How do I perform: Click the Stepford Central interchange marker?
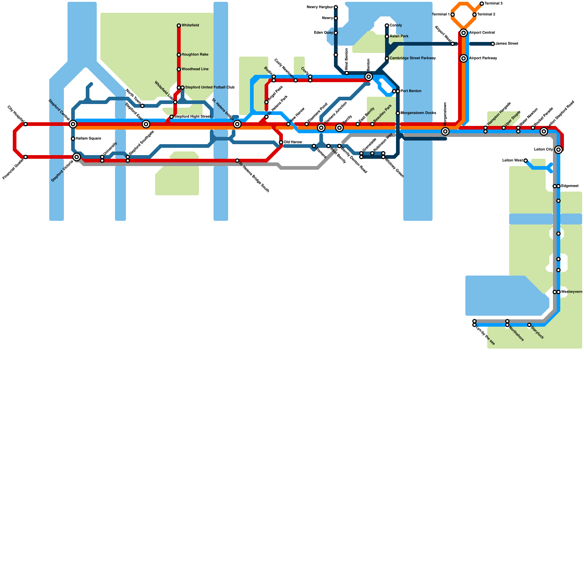(x=73, y=124)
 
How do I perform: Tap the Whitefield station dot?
(x=179, y=26)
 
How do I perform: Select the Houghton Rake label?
(x=195, y=55)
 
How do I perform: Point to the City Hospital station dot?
(x=26, y=124)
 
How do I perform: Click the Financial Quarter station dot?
(x=26, y=157)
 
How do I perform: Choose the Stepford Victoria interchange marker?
(x=77, y=157)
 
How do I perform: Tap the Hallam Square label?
(x=88, y=139)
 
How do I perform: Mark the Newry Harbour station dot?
(x=336, y=7)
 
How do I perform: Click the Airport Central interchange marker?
(x=464, y=33)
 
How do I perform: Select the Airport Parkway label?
(x=483, y=58)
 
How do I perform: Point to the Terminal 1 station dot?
(x=453, y=15)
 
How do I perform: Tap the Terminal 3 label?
(x=493, y=4)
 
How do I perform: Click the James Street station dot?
(x=493, y=44)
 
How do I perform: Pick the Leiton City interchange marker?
(x=558, y=150)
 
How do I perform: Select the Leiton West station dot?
(x=526, y=161)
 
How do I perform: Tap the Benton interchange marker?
(x=369, y=77)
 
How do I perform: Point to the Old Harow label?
(x=293, y=142)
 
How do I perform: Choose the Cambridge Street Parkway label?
(x=412, y=58)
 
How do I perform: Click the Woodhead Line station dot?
(x=179, y=69)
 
